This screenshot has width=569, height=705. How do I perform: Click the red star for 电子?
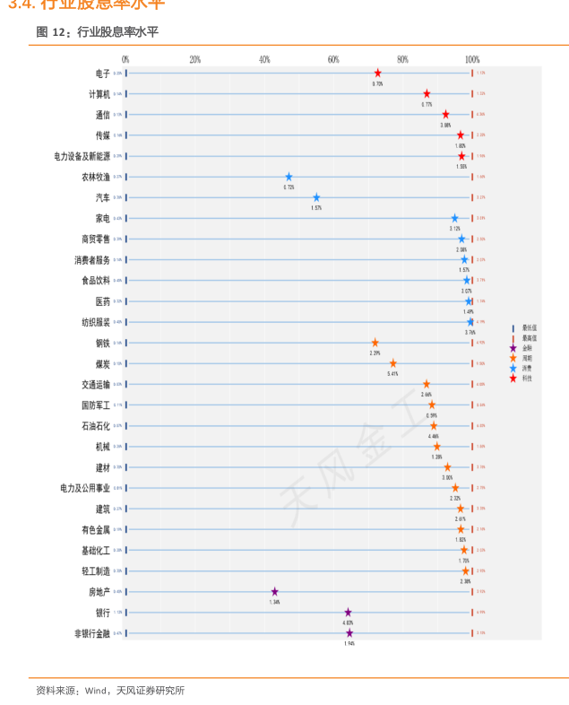tap(377, 73)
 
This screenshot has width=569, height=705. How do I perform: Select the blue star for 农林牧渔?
tap(289, 177)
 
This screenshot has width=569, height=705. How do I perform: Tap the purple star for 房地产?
tap(275, 592)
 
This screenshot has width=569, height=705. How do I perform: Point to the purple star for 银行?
tap(348, 613)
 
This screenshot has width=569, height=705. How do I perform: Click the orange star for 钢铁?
tap(375, 343)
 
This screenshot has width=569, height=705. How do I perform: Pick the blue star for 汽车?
tap(316, 197)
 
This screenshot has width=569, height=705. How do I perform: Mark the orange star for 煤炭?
tap(392, 363)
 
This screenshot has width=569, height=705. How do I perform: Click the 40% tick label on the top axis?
tap(264, 59)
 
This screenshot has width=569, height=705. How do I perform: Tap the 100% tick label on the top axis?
tap(472, 59)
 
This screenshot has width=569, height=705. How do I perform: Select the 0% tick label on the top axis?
tap(125, 59)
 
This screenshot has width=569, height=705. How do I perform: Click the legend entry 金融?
tap(528, 348)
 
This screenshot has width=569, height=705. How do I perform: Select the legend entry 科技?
tap(528, 378)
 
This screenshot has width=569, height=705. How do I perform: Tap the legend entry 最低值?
tap(529, 328)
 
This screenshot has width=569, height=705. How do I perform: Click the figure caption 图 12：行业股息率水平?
tap(97, 32)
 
